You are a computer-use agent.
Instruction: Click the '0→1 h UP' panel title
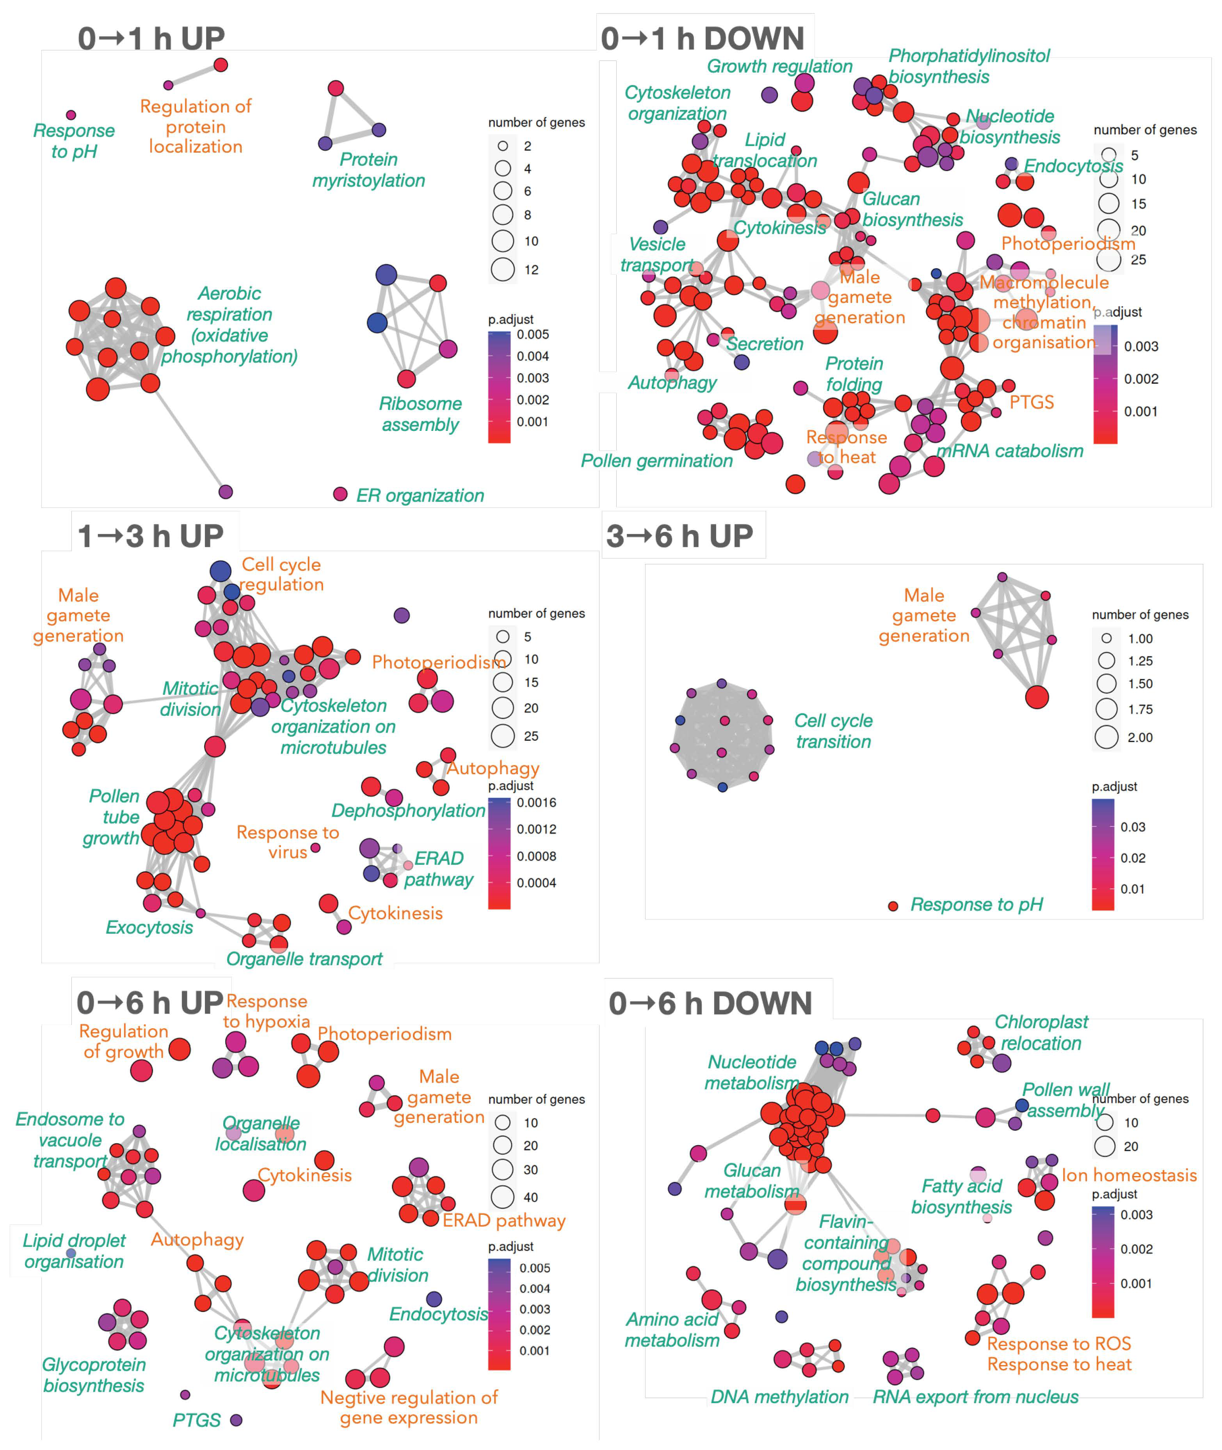point(151,39)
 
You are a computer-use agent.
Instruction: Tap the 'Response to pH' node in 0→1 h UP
point(71,115)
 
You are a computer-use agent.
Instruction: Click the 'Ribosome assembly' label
point(420,414)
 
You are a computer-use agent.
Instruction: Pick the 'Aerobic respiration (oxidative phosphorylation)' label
point(229,325)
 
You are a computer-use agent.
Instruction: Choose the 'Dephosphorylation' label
point(408,811)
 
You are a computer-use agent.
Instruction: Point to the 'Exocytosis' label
point(149,928)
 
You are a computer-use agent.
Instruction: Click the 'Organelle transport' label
point(304,959)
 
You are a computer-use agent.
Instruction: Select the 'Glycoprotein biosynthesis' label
point(94,1375)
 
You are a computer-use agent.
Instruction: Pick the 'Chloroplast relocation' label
point(1041,1032)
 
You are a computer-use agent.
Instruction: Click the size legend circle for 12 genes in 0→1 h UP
point(503,269)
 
